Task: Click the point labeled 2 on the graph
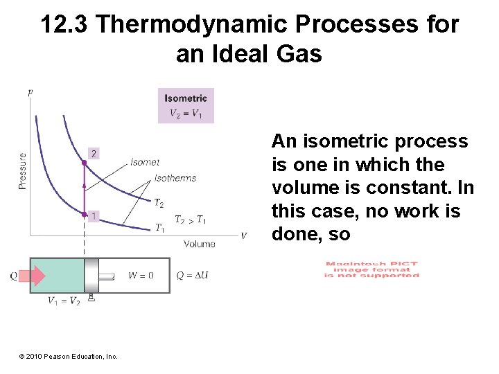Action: tap(85, 162)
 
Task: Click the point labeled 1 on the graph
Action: tap(85, 214)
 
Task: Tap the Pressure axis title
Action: tap(23, 171)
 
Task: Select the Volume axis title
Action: tap(200, 244)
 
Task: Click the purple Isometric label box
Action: tap(186, 105)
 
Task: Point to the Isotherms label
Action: tap(175, 178)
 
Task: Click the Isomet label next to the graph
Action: tap(145, 162)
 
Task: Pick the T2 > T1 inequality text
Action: tap(190, 220)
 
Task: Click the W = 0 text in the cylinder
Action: tap(141, 276)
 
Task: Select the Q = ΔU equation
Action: tap(193, 276)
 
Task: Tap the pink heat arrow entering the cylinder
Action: tap(32, 276)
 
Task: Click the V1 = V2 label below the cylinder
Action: tap(63, 301)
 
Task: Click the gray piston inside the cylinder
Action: tap(91, 276)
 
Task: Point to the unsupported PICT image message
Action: tap(372, 269)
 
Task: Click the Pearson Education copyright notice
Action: tap(69, 356)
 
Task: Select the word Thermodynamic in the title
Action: tap(192, 25)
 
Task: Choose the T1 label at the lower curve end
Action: tap(159, 227)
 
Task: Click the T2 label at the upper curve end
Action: tap(159, 203)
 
